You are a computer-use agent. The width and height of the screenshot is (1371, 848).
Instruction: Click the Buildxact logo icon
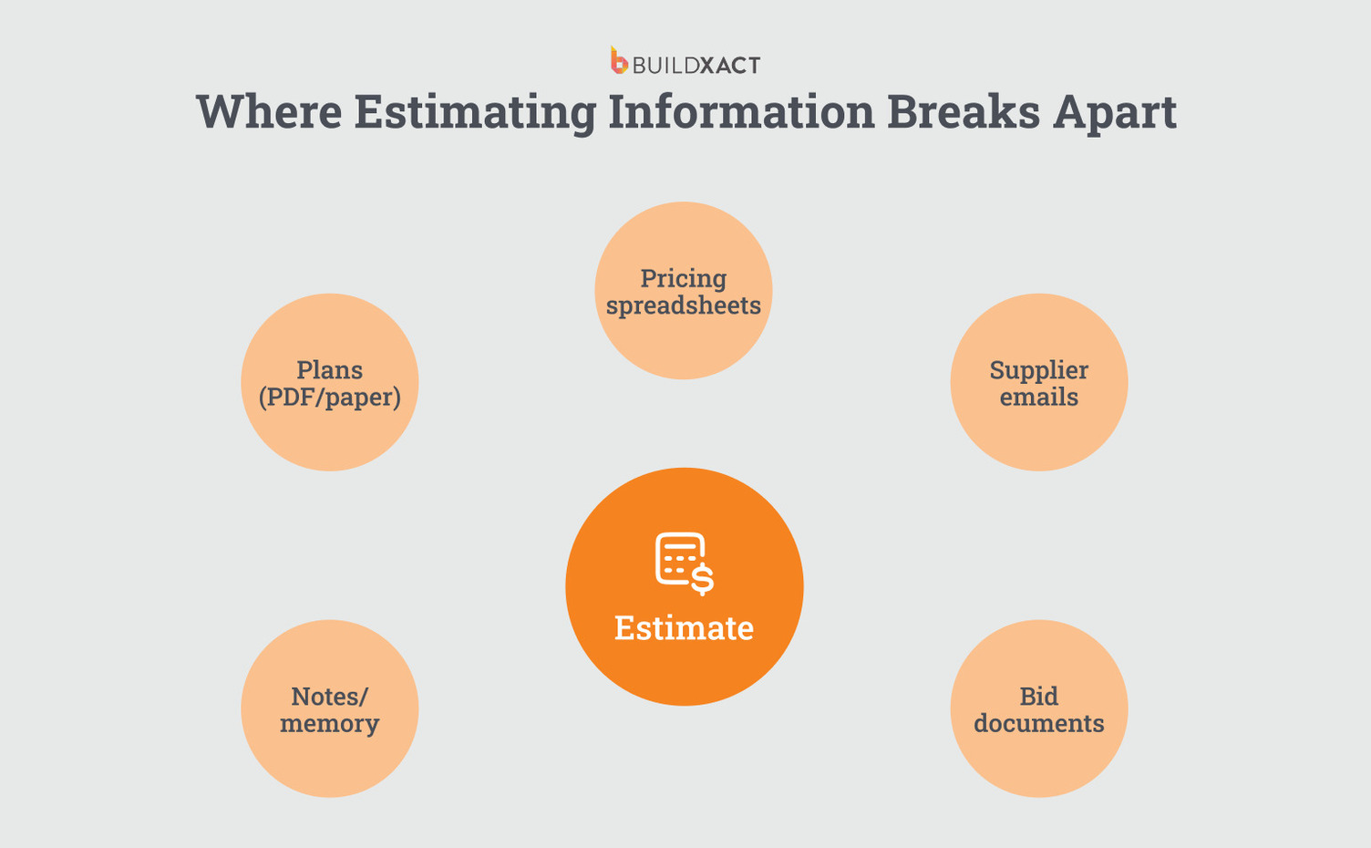coord(619,61)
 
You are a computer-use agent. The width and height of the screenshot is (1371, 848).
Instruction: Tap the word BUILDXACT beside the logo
coord(696,66)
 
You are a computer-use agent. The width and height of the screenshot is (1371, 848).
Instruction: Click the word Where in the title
coord(269,112)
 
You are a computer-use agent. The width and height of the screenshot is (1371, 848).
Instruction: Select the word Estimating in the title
coord(474,112)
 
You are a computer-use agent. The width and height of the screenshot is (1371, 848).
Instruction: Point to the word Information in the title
coord(741,112)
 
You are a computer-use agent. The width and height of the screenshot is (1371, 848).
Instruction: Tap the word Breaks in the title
coord(963,112)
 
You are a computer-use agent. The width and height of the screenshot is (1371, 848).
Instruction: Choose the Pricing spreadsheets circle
coord(684,337)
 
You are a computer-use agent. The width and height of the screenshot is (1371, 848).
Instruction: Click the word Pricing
coord(684,278)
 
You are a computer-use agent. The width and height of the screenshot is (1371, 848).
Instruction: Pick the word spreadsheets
coord(684,306)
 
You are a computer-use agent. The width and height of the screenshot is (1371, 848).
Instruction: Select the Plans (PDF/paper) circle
coord(330,429)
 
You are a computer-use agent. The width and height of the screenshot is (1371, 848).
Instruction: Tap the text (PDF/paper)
coord(330,398)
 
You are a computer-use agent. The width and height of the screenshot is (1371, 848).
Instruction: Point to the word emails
coord(1039,398)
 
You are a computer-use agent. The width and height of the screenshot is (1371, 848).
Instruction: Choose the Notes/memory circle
coord(330,757)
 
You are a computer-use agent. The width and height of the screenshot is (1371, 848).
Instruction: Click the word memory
coord(330,724)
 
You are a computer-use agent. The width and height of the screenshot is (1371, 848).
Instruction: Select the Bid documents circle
coord(1039,757)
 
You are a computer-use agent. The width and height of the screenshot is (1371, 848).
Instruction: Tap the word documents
coord(1039,724)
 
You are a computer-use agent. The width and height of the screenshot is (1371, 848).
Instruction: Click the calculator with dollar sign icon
coord(684,562)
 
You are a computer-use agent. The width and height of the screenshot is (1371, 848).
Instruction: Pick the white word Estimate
coord(684,628)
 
